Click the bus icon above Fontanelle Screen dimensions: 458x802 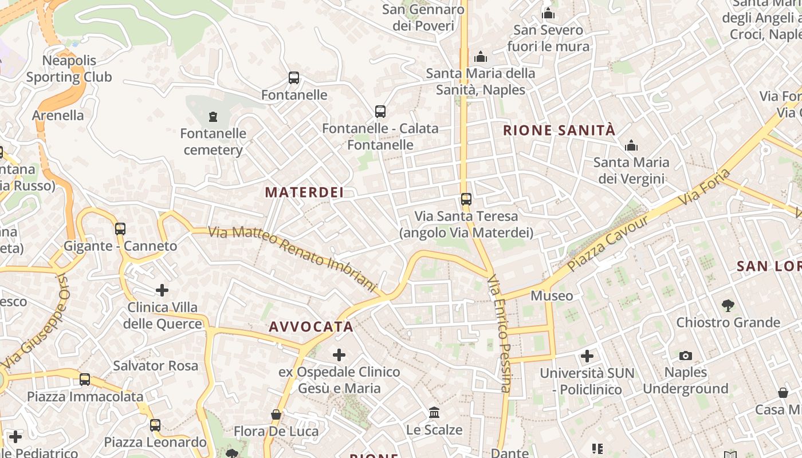[x=294, y=78]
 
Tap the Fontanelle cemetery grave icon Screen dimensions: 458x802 [x=213, y=117]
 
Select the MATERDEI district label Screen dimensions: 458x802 [x=305, y=192]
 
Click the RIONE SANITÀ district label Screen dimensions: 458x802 [x=559, y=131]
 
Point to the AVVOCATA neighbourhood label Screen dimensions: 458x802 [x=311, y=327]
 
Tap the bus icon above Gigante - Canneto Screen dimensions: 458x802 [x=120, y=229]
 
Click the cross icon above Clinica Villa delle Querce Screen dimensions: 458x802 [x=162, y=290]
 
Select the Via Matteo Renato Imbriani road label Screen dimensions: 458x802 [x=292, y=258]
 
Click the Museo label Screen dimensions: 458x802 [x=552, y=296]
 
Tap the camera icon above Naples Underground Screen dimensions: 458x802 [x=685, y=356]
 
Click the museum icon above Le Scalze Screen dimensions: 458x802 [x=434, y=413]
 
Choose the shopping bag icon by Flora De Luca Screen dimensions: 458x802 [x=276, y=414]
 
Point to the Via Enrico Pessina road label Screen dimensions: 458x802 [x=498, y=334]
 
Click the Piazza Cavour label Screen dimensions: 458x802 [x=608, y=243]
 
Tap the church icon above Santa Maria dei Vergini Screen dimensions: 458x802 [x=631, y=146]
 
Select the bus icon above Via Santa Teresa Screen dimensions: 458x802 [x=466, y=199]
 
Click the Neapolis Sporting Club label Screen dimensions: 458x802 [x=69, y=69]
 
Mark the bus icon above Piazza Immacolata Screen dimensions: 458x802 [x=85, y=379]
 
